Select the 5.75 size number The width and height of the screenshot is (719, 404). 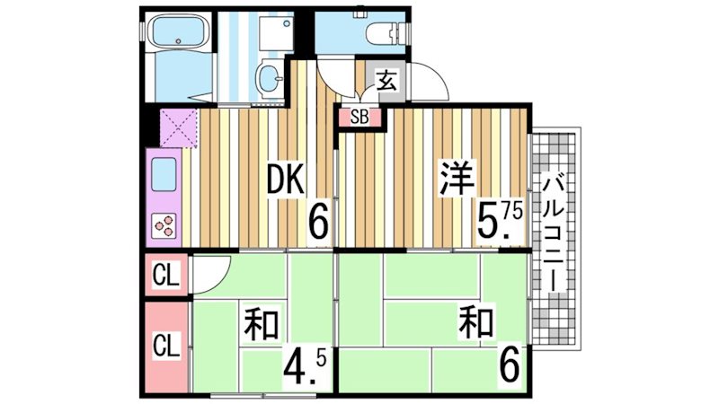click(499, 221)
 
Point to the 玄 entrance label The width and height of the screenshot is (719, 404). click(387, 80)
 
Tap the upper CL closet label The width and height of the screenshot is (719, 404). click(165, 274)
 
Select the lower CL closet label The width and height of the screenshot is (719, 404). click(165, 345)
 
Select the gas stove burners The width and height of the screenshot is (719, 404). click(164, 224)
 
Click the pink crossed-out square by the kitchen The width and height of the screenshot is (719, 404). click(178, 126)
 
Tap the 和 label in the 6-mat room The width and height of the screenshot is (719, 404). click(477, 321)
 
